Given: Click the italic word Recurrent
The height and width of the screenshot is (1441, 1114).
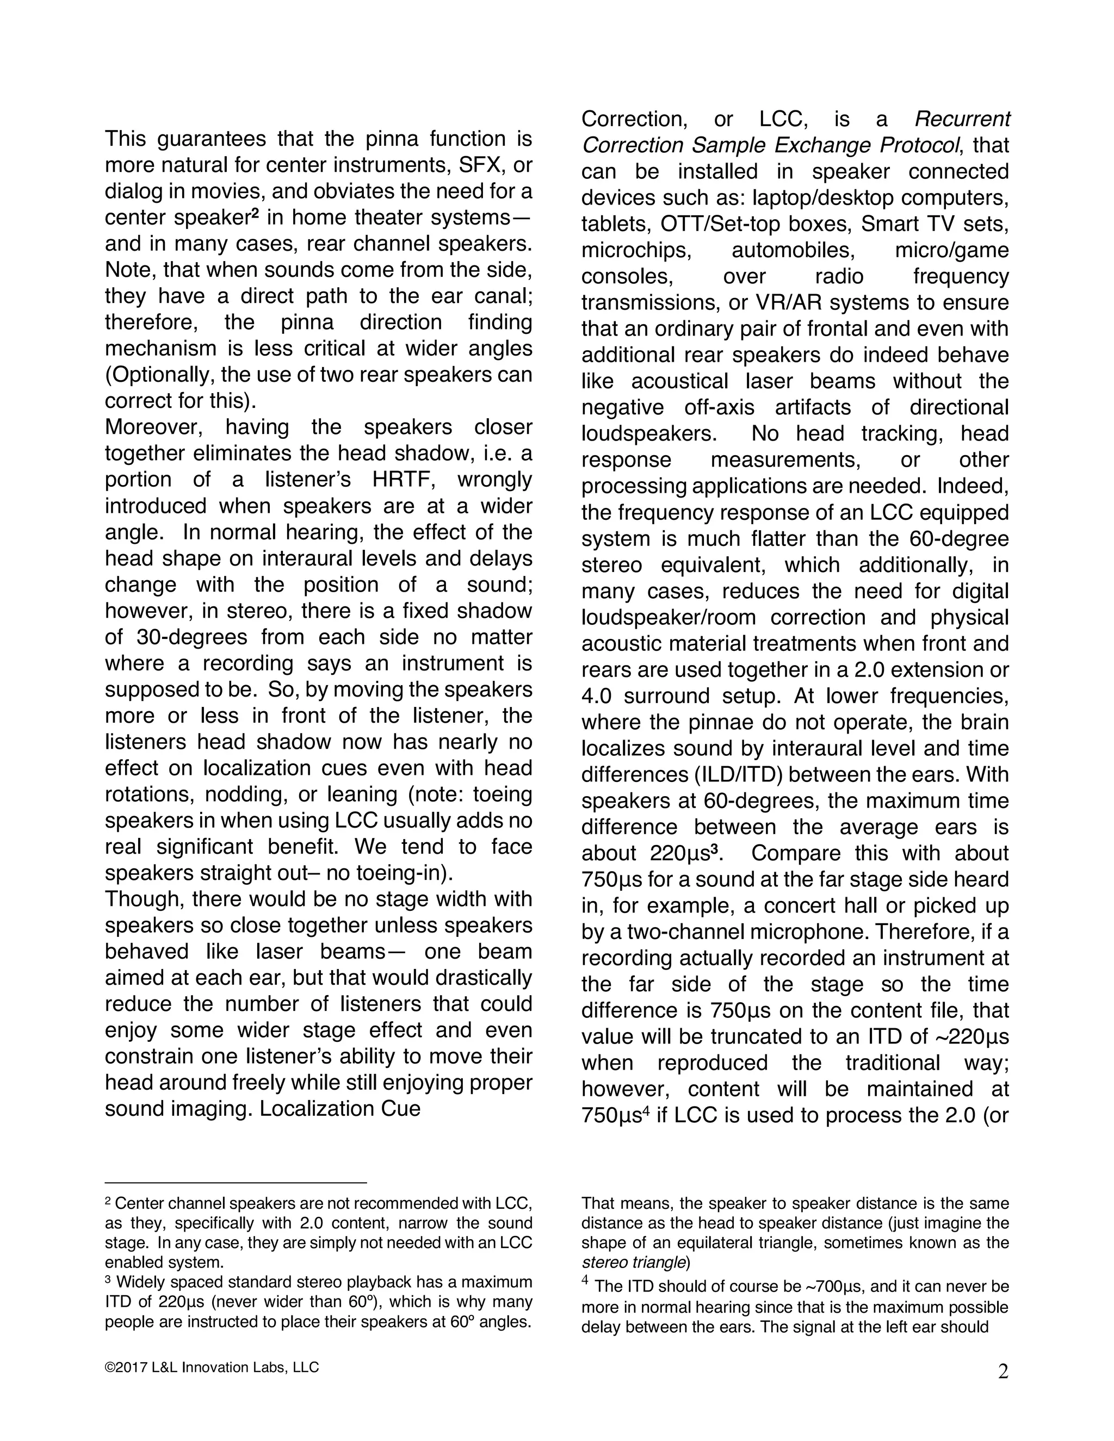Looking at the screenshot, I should [962, 120].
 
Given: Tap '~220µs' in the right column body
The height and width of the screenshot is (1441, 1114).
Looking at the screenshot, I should [972, 1036].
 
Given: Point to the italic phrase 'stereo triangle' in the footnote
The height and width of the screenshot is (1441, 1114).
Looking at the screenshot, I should [634, 1262].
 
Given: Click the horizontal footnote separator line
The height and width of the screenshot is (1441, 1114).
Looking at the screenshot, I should [236, 1183].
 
